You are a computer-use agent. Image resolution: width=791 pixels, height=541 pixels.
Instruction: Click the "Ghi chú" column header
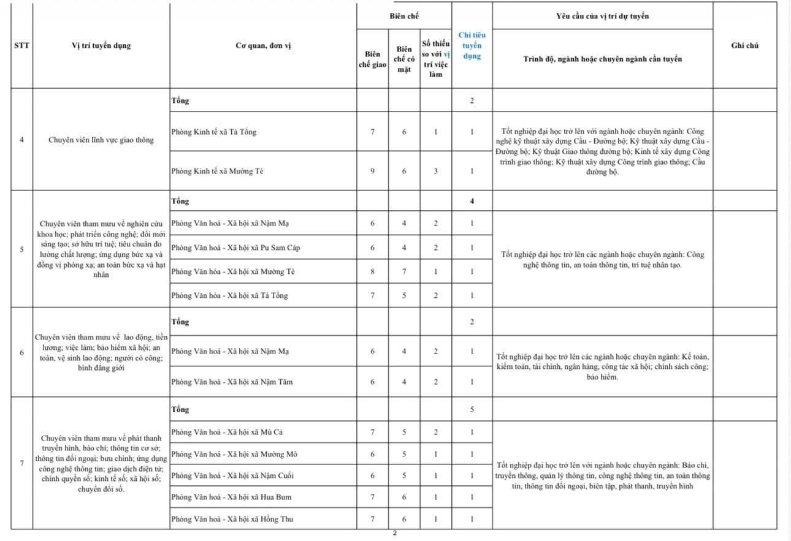(745, 45)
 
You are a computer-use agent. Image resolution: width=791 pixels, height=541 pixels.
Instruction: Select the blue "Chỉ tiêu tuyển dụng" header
(472, 46)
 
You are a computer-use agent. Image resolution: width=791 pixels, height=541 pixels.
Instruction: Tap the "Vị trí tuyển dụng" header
(101, 45)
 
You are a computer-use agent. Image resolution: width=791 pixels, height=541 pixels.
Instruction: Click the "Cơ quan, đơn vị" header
(263, 45)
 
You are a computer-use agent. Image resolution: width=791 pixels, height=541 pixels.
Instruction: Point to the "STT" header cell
(22, 45)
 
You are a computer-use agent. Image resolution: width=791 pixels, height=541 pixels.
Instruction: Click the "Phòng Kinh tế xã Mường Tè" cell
(217, 171)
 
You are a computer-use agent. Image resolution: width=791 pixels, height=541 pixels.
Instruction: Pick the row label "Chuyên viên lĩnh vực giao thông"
(101, 140)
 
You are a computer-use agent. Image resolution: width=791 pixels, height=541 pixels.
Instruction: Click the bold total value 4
(472, 201)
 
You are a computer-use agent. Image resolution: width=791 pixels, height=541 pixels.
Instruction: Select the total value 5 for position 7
(472, 409)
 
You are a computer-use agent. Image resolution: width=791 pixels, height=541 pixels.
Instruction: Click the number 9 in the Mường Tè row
(372, 171)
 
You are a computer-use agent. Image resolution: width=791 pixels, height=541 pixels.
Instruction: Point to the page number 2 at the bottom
(395, 533)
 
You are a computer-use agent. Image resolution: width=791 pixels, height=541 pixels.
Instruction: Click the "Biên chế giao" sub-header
(372, 59)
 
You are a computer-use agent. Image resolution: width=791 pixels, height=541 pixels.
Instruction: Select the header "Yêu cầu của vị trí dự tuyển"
(602, 16)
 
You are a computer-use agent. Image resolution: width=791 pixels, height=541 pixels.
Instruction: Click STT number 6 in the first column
(22, 352)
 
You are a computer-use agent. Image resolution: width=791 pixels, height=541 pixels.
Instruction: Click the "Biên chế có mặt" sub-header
(404, 59)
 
